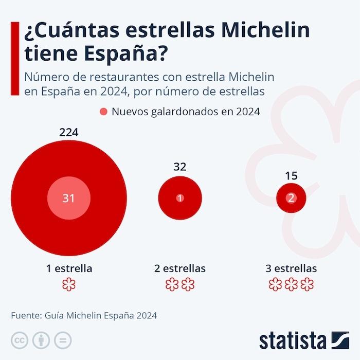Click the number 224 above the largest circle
pyautogui.click(x=68, y=132)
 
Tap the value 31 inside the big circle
pyautogui.click(x=68, y=198)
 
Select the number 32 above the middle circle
pyautogui.click(x=180, y=166)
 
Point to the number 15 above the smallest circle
pyautogui.click(x=291, y=176)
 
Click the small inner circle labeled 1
pyautogui.click(x=180, y=198)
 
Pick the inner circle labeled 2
pyautogui.click(x=291, y=198)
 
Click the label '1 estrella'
pyautogui.click(x=68, y=268)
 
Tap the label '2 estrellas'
pyautogui.click(x=180, y=268)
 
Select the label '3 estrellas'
pyautogui.click(x=291, y=268)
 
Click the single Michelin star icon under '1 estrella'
pyautogui.click(x=68, y=284)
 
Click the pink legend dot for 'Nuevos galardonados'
pyautogui.click(x=103, y=112)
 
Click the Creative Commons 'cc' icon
pyautogui.click(x=20, y=340)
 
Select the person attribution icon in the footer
pyautogui.click(x=41, y=340)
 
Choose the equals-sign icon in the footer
pyautogui.click(x=62, y=340)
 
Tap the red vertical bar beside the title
pyautogui.click(x=14, y=58)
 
